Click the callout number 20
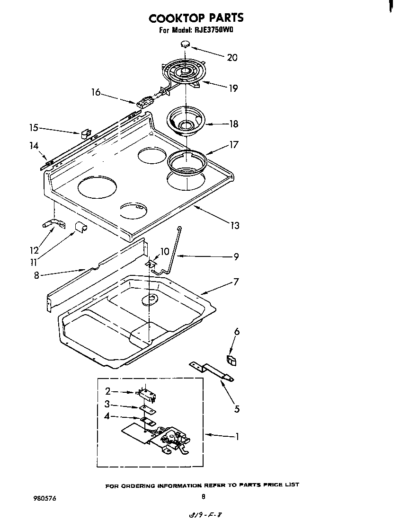pyautogui.click(x=232, y=58)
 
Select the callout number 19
pyautogui.click(x=232, y=88)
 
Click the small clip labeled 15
pyautogui.click(x=86, y=134)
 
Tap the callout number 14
pyautogui.click(x=34, y=146)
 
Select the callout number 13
pyautogui.click(x=234, y=225)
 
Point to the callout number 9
pyautogui.click(x=236, y=257)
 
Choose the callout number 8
pyautogui.click(x=36, y=275)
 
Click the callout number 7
pyautogui.click(x=236, y=282)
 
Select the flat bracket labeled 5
pyautogui.click(x=212, y=372)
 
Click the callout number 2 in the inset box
pyautogui.click(x=107, y=391)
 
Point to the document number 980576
pyautogui.click(x=45, y=498)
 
